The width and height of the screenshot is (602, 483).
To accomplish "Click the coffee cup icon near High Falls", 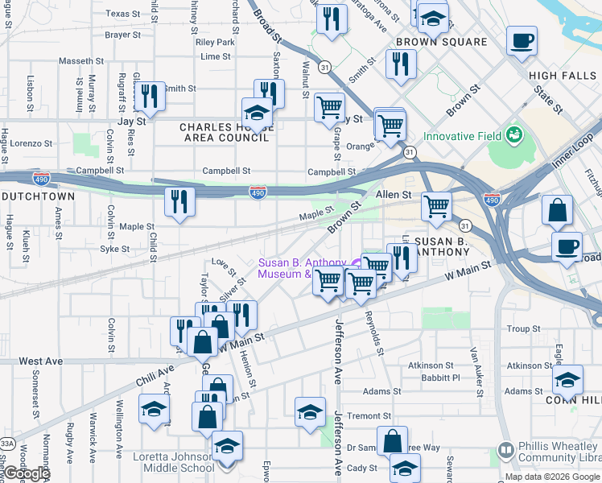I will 522,40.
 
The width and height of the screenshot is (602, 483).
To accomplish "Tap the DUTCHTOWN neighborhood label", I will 38,196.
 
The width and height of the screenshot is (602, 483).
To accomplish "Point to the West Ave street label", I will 40,361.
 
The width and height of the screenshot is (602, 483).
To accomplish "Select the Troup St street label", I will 523,328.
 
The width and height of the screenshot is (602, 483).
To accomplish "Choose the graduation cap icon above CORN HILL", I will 567,379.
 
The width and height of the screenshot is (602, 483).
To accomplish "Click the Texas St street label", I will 122,14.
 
